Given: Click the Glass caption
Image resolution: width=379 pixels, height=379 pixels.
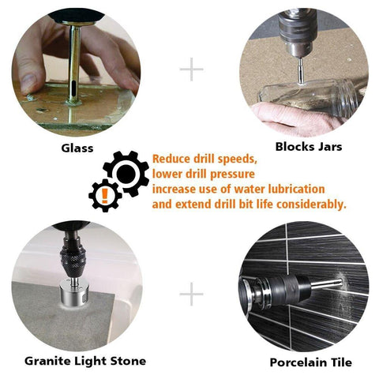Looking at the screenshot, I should coord(77,148).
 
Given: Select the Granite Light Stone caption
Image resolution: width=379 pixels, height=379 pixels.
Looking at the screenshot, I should coord(84,361).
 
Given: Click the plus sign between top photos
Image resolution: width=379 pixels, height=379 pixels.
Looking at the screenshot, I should coord(191,69).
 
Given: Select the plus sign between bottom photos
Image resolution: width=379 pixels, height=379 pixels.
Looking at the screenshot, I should coord(191,296).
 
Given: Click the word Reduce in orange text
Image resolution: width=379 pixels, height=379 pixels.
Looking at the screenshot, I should coord(171,158).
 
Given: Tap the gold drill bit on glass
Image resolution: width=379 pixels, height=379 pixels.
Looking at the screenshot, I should coord(73,59).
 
